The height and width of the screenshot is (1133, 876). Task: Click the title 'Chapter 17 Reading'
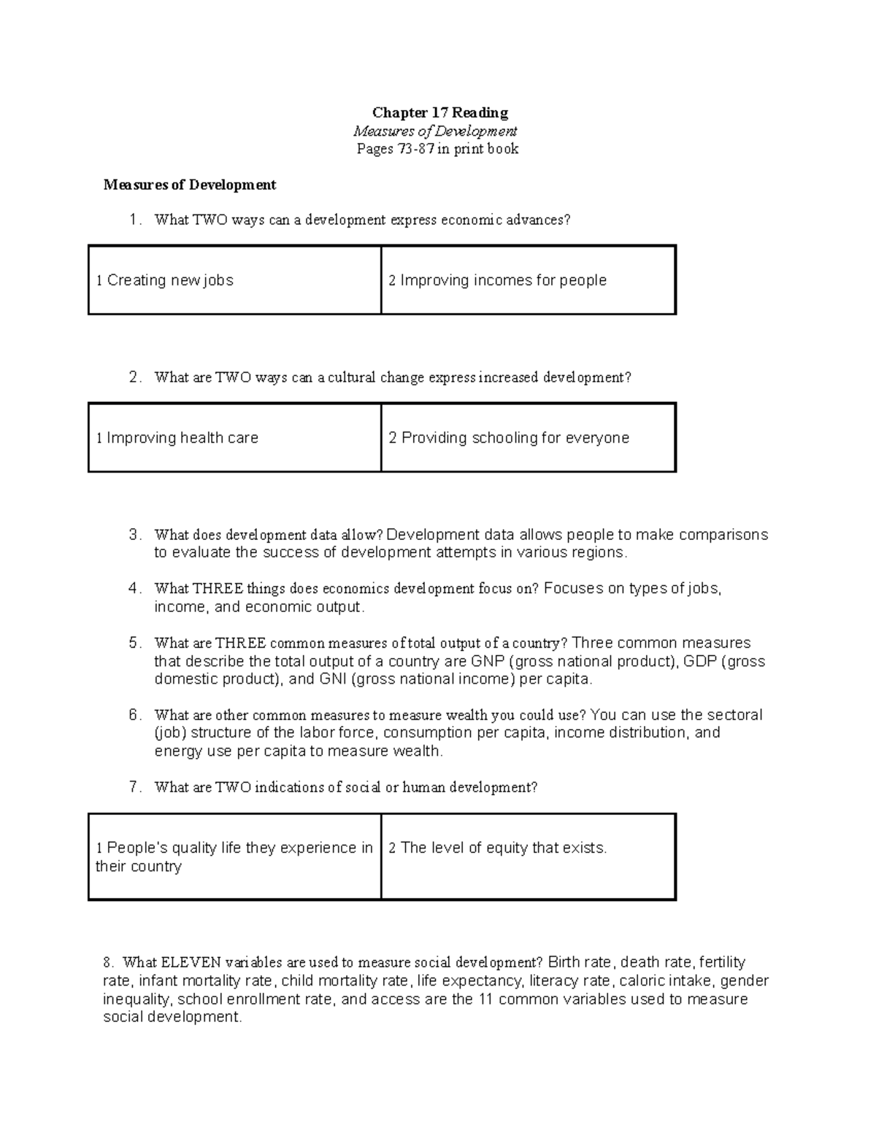pos(439,112)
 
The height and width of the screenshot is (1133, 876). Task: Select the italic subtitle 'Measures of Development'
pos(435,131)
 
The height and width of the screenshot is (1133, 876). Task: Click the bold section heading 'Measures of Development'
pos(189,185)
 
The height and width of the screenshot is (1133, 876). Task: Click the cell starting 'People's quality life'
pos(234,856)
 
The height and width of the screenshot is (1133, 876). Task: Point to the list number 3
pos(134,535)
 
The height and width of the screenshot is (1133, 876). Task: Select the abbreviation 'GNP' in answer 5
pos(488,662)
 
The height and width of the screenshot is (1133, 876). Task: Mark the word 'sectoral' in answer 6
pos(731,715)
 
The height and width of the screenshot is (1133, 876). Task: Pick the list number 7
pos(134,787)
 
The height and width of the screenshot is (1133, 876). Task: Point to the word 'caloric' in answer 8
pos(642,981)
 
